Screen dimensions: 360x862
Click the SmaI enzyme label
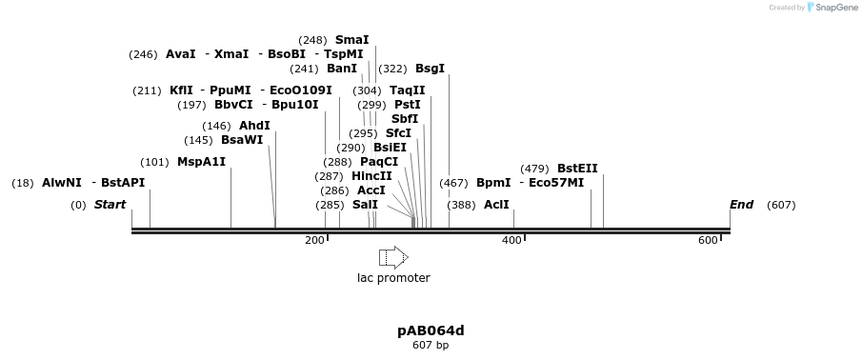(x=351, y=40)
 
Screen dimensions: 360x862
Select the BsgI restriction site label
(x=430, y=69)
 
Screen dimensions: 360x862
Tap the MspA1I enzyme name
(x=201, y=162)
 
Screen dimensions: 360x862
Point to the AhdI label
(x=254, y=126)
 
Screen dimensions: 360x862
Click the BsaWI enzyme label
(x=242, y=140)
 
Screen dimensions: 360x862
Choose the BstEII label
(x=577, y=169)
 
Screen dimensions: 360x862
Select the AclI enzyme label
(x=496, y=205)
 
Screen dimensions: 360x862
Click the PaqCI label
(x=379, y=162)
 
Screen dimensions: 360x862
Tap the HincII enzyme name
(x=371, y=176)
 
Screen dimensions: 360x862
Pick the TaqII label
(x=408, y=90)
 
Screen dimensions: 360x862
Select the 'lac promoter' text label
(x=393, y=278)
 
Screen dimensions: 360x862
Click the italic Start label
(x=110, y=205)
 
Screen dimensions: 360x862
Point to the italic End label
(x=741, y=205)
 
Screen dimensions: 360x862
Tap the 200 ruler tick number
(x=314, y=240)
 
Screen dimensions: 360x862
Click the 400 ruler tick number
(x=511, y=240)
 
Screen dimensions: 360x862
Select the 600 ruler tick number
(x=708, y=240)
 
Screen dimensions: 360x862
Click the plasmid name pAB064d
(x=431, y=330)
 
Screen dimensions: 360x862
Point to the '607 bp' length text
(x=431, y=345)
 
